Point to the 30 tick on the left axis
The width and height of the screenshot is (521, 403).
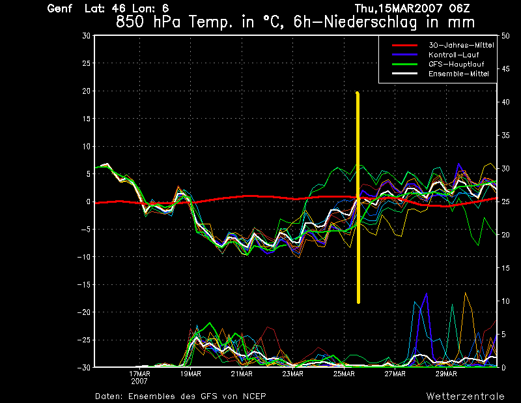click(x=85, y=36)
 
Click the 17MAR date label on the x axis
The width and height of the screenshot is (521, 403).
click(x=139, y=374)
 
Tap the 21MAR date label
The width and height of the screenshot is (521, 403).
click(x=241, y=374)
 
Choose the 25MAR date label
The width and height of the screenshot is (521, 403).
click(x=343, y=374)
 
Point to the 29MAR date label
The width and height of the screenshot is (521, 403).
click(x=445, y=374)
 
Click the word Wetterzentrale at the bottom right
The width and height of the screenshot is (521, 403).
click(x=466, y=396)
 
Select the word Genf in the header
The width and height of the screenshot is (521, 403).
click(x=60, y=8)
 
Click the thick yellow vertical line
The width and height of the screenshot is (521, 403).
click(x=358, y=196)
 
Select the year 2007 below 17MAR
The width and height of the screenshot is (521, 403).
click(x=139, y=381)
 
